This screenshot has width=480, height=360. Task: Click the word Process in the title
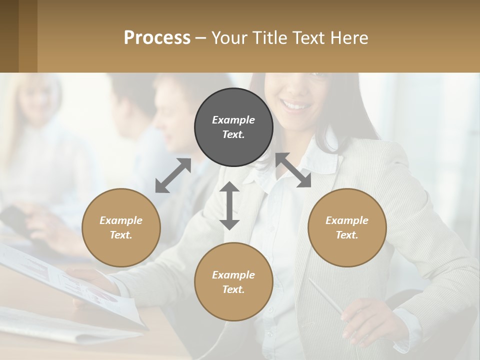(157, 38)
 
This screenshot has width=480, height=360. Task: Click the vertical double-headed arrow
(229, 205)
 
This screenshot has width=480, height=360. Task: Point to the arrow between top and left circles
(173, 175)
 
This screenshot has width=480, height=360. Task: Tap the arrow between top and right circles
(293, 170)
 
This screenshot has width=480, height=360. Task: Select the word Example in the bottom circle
(233, 275)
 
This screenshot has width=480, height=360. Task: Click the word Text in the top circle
(233, 134)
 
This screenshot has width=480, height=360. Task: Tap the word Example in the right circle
(347, 220)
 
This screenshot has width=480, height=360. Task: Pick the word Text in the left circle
(120, 235)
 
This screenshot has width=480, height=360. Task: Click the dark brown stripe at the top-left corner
(9, 36)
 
